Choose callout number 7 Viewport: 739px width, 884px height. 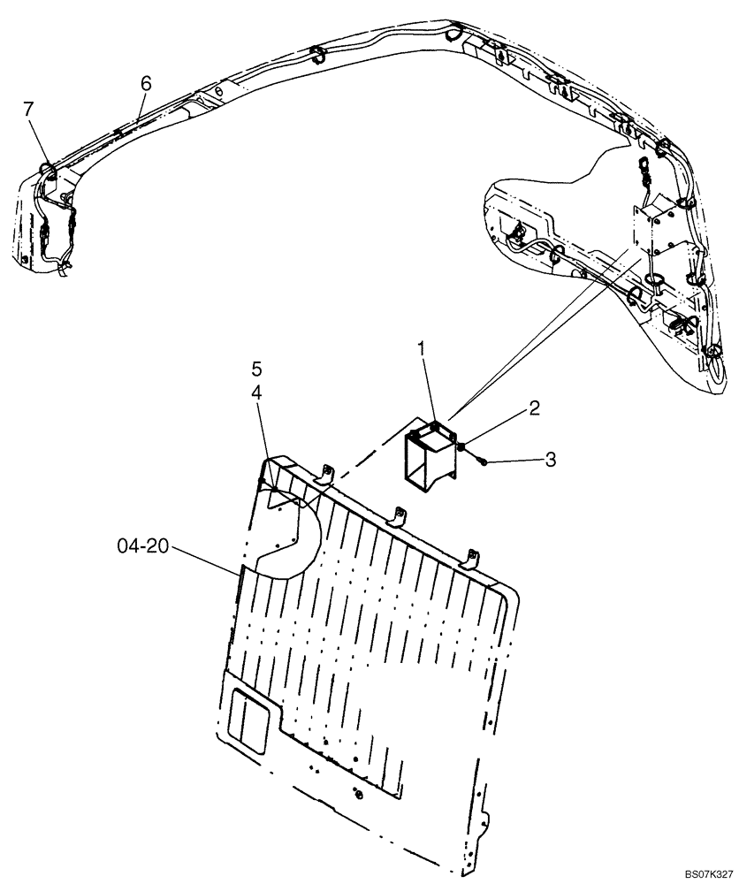[29, 109]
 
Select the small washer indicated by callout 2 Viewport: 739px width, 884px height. [464, 447]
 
